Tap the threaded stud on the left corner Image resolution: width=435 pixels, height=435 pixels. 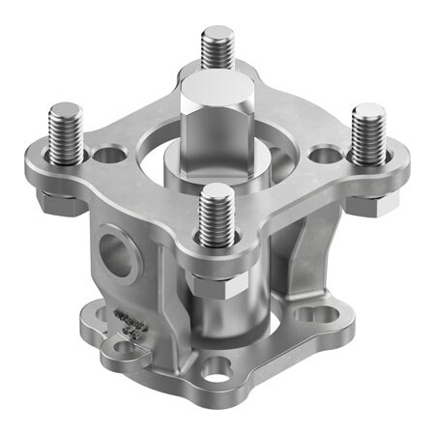point(66,130)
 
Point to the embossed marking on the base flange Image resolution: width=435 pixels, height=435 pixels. point(125,326)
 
